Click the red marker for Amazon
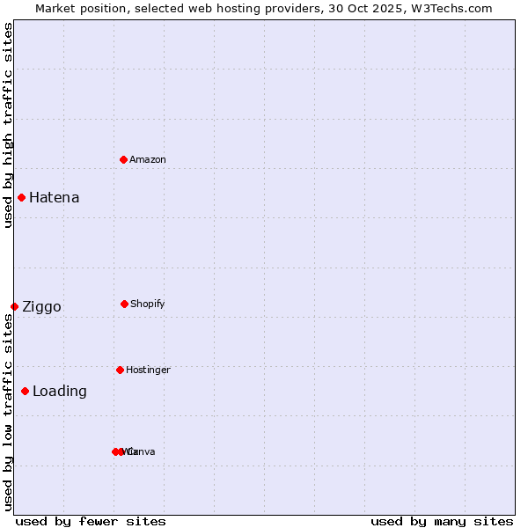(124, 159)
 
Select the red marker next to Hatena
(21, 197)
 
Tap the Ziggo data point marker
(14, 306)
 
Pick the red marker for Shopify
(124, 304)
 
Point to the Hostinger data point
(120, 370)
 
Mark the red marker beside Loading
(25, 391)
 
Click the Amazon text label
(148, 159)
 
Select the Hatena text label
(55, 197)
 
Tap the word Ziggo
(41, 306)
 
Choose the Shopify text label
(148, 304)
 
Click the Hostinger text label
(148, 370)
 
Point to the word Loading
(60, 391)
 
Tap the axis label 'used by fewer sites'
(91, 521)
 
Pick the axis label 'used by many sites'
(442, 521)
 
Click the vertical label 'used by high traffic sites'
(8, 125)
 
